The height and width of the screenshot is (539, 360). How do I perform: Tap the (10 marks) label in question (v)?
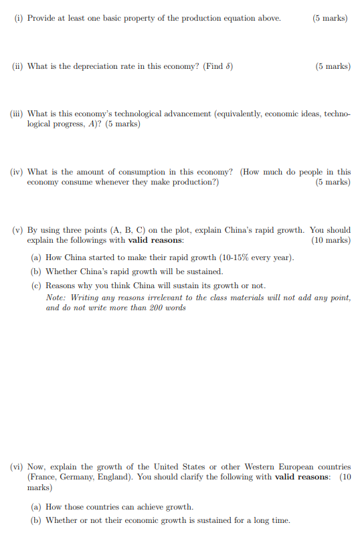click(x=331, y=240)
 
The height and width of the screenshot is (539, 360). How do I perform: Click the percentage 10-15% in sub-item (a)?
click(x=215, y=257)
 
